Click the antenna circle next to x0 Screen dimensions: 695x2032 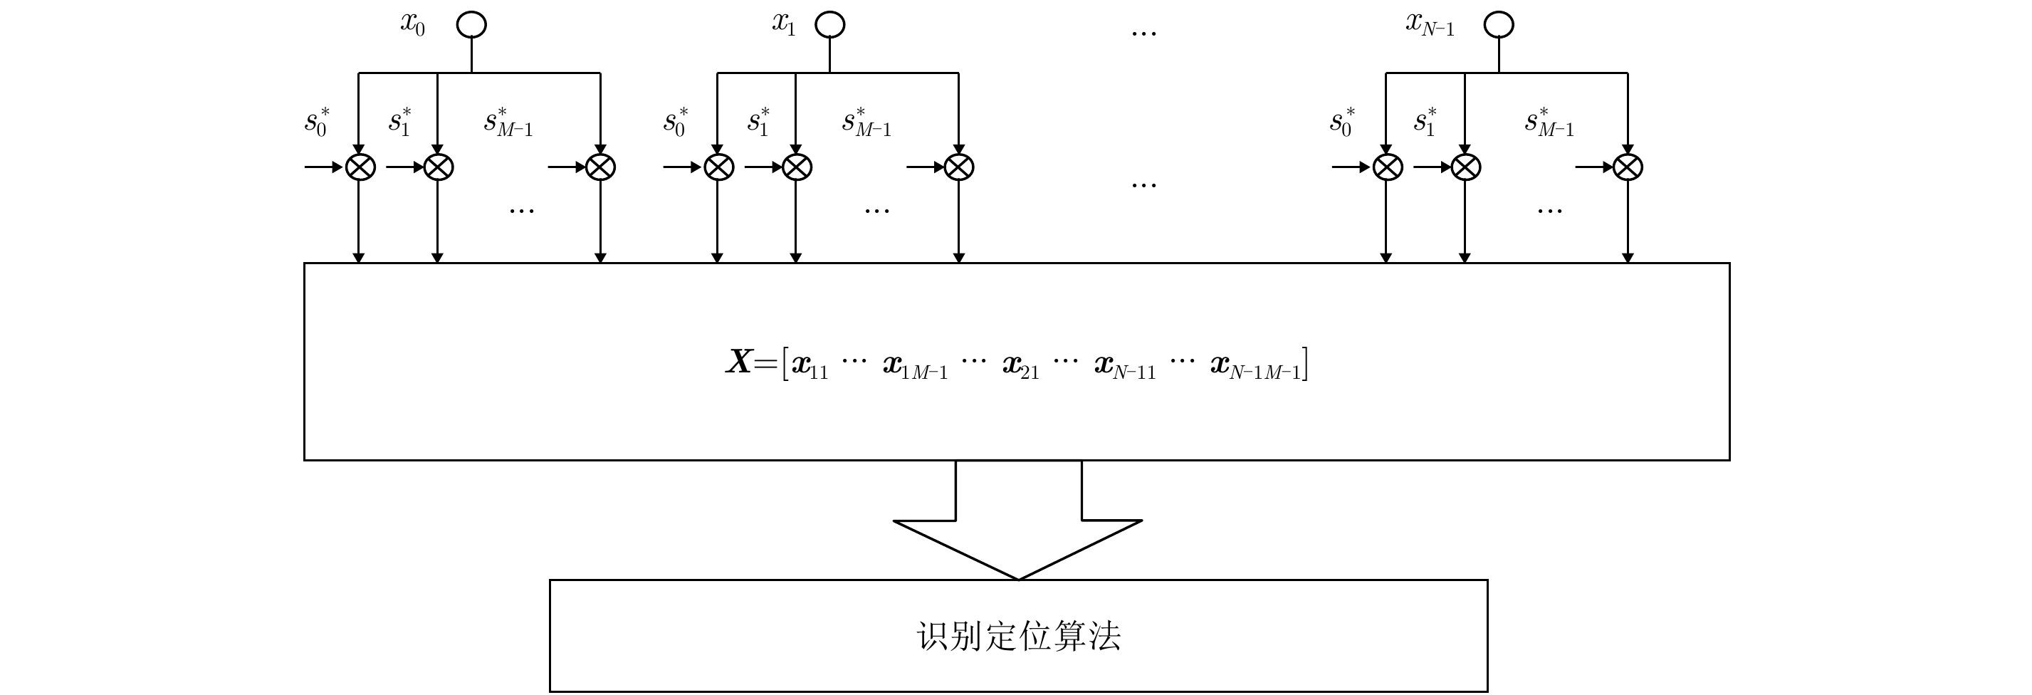472,24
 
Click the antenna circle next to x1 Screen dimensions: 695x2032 830,24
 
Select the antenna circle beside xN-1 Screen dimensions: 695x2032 1499,24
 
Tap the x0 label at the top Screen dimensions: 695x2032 412,24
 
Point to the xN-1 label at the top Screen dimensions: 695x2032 1430,24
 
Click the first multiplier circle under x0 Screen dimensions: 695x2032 360,167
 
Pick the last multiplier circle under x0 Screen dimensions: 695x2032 600,167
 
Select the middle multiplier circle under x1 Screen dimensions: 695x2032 797,167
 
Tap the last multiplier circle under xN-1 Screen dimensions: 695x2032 1628,167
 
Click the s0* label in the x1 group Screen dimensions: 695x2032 675,122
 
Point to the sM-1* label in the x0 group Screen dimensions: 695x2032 509,122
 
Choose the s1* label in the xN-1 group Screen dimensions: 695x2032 1425,122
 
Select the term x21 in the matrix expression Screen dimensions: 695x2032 1021,366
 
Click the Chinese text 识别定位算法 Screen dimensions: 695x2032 1018,636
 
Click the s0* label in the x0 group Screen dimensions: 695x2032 317,122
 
